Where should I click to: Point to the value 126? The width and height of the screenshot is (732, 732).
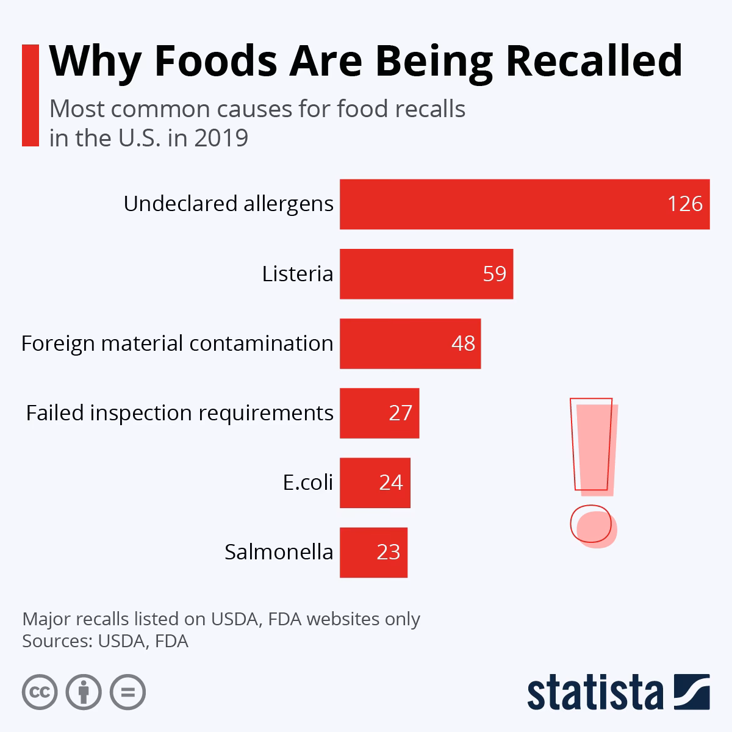(x=685, y=204)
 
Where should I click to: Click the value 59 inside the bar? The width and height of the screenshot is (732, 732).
(x=494, y=274)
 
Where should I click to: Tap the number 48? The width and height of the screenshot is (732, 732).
(x=463, y=343)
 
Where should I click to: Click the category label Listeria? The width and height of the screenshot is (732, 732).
(x=298, y=274)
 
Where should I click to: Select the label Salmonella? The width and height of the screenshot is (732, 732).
(x=279, y=552)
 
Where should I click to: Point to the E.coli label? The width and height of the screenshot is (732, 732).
(x=308, y=483)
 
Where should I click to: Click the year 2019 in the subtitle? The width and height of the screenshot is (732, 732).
(x=221, y=138)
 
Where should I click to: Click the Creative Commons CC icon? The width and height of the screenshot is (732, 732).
(x=40, y=692)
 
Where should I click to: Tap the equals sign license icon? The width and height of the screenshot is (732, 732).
(x=127, y=692)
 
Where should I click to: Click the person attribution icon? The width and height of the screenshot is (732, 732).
(x=84, y=692)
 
